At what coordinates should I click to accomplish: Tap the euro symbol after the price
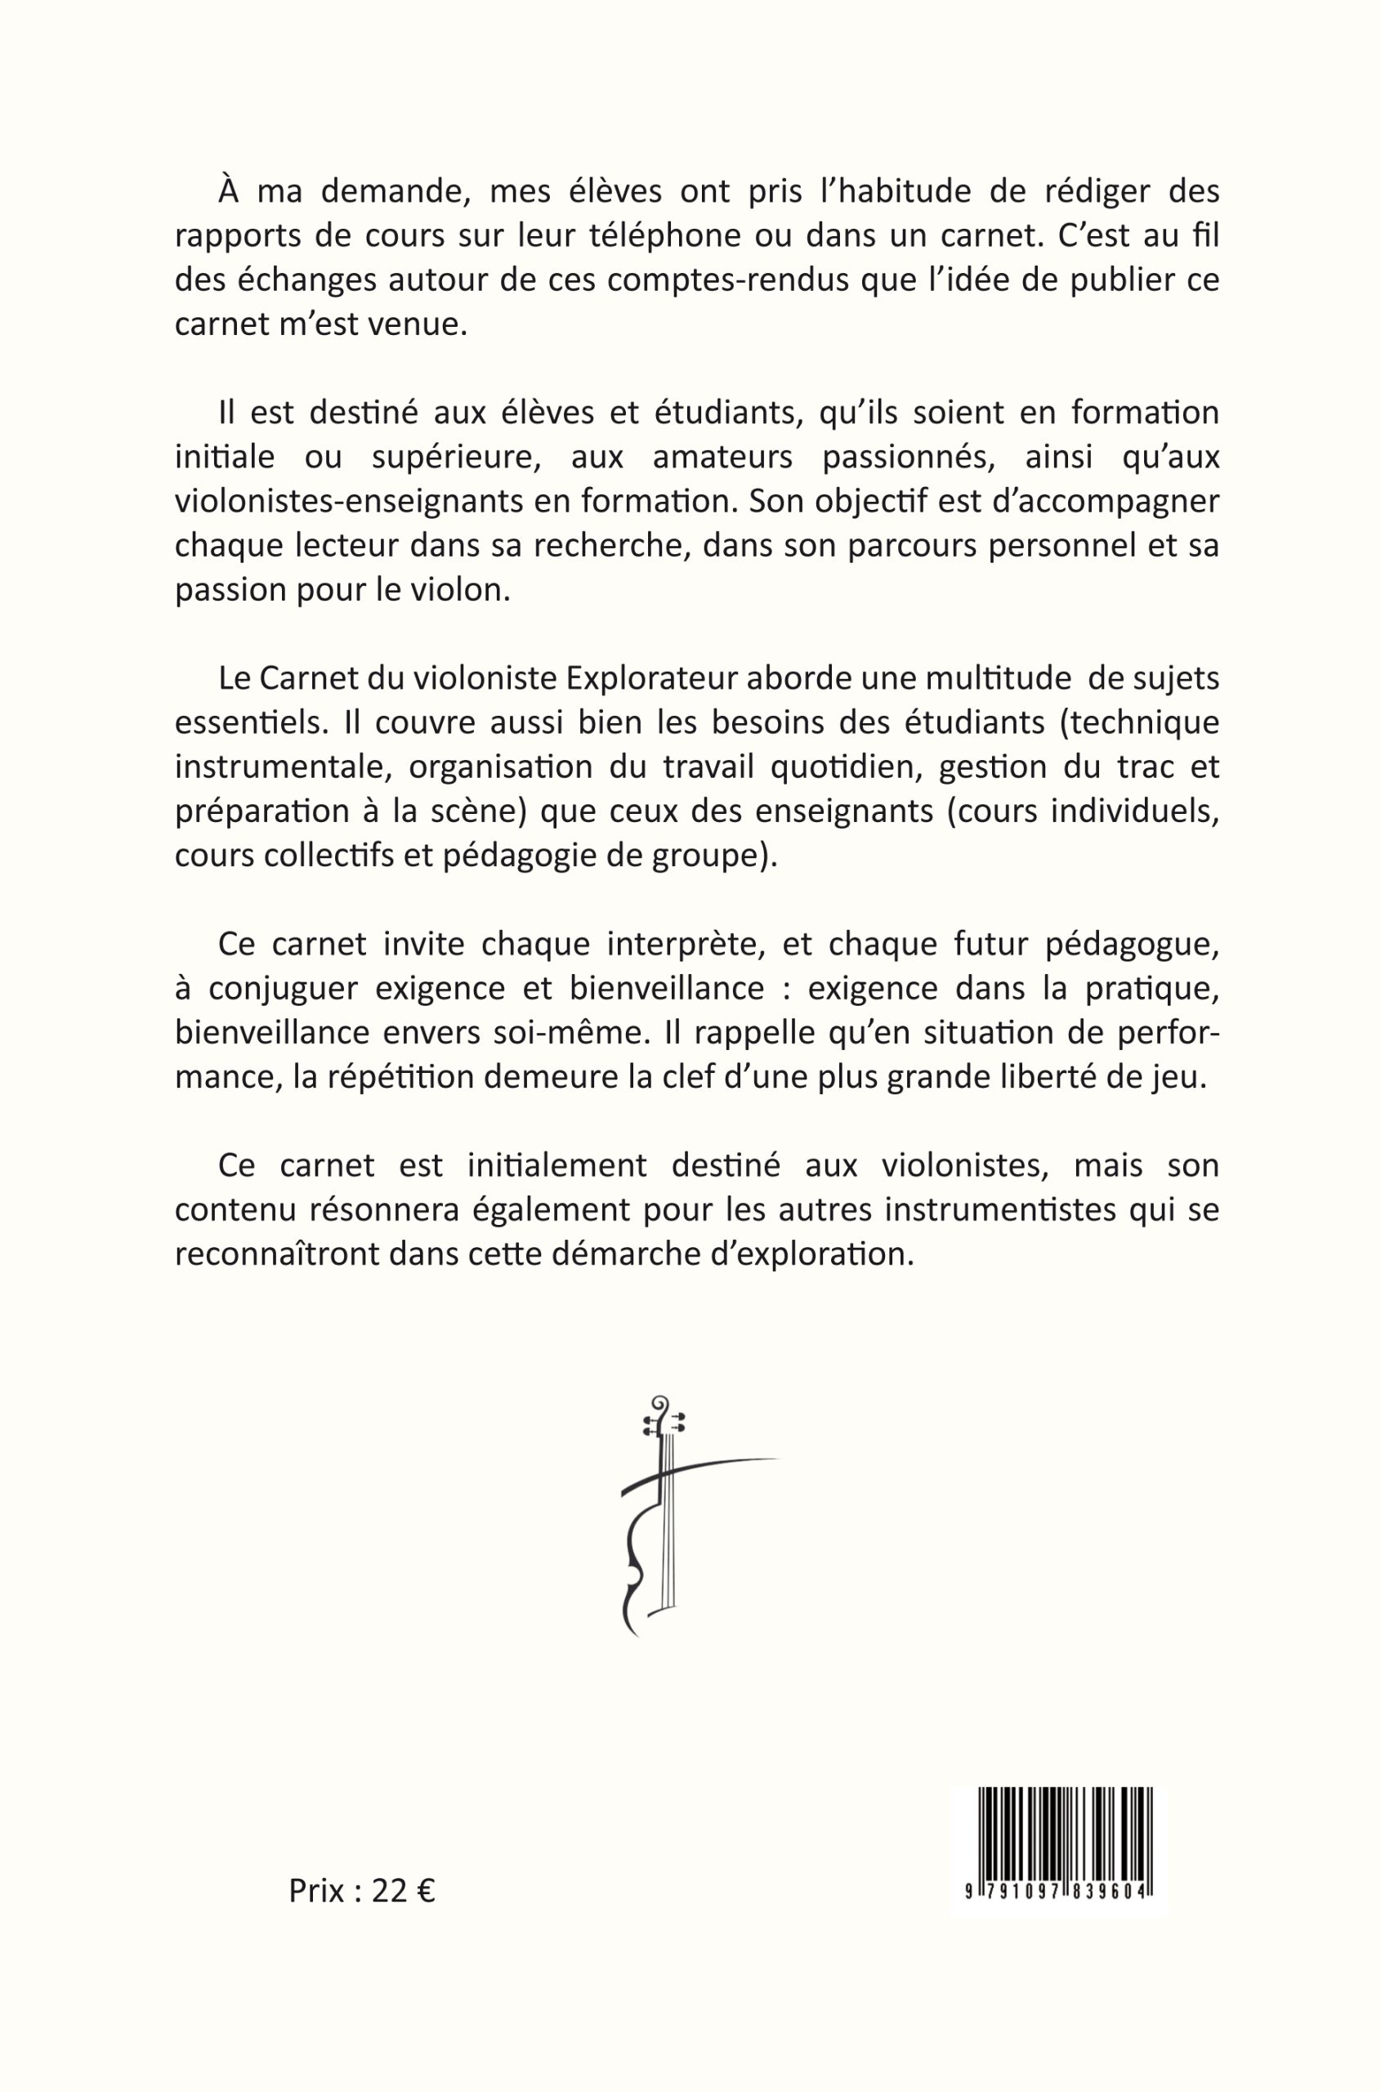426,1890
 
